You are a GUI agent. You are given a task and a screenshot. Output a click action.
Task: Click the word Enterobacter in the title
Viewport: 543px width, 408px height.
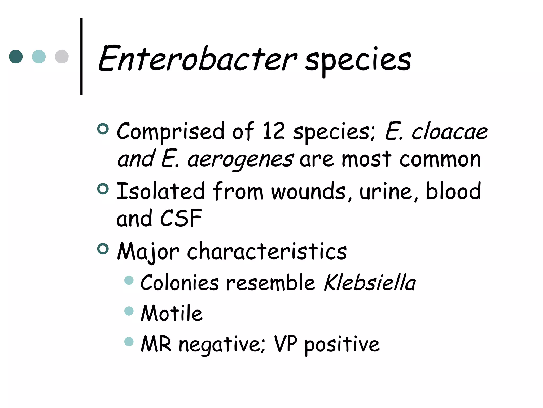198,59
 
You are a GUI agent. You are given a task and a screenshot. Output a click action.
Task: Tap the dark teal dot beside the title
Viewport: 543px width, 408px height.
16,57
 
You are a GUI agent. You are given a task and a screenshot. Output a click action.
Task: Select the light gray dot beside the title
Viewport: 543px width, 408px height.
62,57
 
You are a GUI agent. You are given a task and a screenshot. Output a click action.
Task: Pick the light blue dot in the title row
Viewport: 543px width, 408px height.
39,57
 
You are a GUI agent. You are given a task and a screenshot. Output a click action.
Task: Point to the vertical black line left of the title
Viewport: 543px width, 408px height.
81,57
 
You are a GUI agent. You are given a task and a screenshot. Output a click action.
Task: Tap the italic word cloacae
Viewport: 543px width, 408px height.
449,132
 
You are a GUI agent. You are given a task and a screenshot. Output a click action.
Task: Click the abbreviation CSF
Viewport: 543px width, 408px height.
181,218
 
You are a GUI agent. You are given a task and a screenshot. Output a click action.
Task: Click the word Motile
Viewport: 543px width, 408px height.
172,313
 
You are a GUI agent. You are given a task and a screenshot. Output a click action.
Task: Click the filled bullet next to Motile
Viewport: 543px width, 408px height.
129,311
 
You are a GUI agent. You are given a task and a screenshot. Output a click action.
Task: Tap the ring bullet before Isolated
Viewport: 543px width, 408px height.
103,189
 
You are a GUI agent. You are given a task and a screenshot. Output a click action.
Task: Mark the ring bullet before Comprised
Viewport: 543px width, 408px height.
103,129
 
